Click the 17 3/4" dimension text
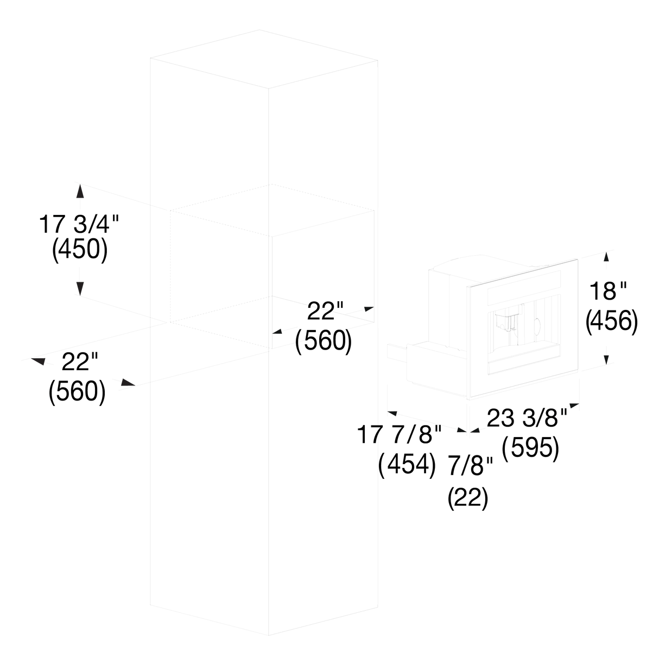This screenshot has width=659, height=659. (79, 224)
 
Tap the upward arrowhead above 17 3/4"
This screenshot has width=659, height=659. (80, 191)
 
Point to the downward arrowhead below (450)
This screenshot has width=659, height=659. (80, 288)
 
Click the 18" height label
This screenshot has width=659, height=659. (608, 292)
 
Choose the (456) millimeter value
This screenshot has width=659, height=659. (611, 321)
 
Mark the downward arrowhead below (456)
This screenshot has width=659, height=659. (606, 360)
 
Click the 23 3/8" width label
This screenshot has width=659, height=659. (527, 418)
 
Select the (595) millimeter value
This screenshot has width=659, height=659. (530, 447)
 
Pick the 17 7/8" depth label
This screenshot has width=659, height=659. (400, 435)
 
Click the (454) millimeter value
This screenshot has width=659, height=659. (407, 464)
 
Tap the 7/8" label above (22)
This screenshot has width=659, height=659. (471, 466)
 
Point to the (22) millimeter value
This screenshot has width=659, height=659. (468, 498)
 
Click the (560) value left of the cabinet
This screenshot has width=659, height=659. (77, 392)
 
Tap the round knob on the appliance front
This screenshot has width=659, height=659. (537, 326)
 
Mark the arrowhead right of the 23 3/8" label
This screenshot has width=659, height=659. (574, 405)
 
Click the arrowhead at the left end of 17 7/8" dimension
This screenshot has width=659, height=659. (392, 414)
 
